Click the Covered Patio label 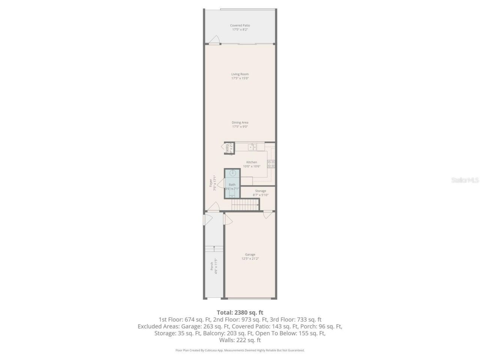click(240, 25)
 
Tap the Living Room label click(240, 74)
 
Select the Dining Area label click(240, 123)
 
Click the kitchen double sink click(252, 147)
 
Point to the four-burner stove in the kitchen click(271, 164)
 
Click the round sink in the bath click(232, 173)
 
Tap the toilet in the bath click(232, 194)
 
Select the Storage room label click(261, 191)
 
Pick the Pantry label click(227, 148)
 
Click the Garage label click(250, 255)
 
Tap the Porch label click(212, 266)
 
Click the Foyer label click(211, 183)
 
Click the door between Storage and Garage click(268, 214)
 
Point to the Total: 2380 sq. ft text click(240, 312)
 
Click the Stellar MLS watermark click(465, 180)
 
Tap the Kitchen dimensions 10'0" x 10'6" click(251, 166)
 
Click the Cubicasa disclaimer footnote click(240, 350)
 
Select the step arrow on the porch click(214, 247)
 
